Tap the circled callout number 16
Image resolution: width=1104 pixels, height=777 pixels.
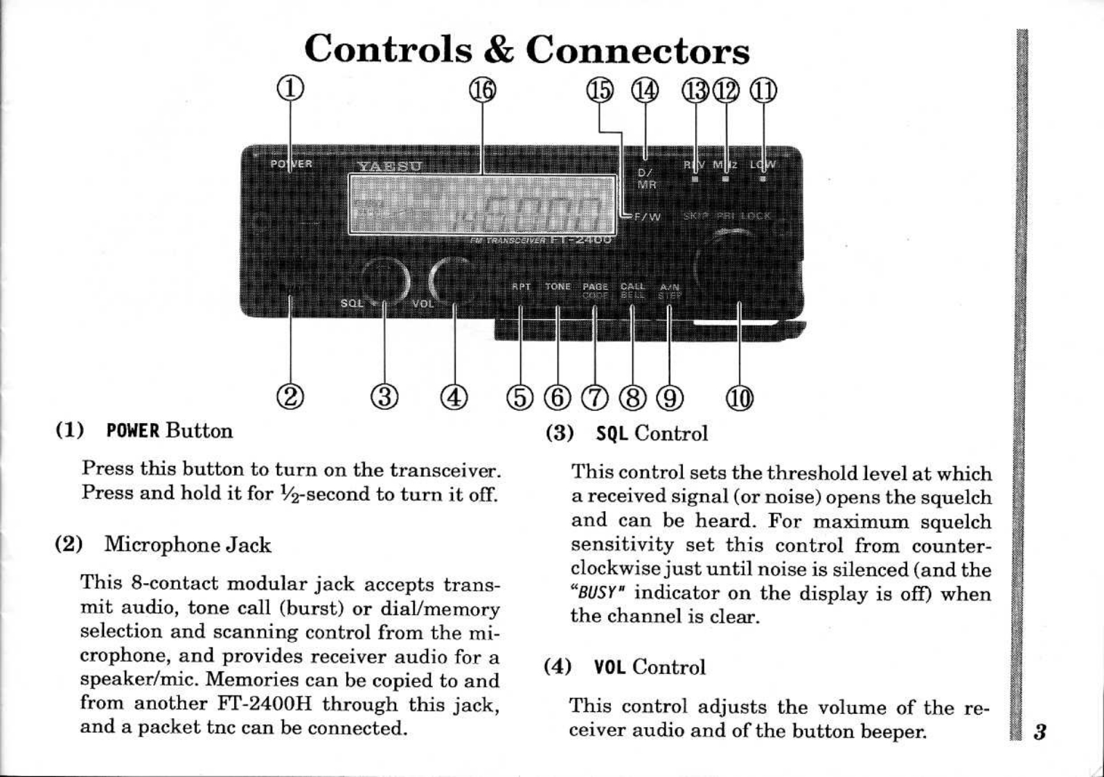[483, 90]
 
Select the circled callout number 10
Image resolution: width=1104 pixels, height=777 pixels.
[739, 399]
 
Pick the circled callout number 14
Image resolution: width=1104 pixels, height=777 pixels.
[645, 91]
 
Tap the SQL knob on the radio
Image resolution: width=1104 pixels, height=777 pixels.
[385, 280]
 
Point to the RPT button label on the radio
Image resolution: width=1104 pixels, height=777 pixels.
[520, 286]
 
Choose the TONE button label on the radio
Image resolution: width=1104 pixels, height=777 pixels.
[558, 286]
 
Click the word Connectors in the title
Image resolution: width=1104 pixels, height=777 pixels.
[637, 50]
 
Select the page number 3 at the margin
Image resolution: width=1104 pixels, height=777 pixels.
[1039, 732]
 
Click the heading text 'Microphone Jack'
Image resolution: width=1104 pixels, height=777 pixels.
[187, 545]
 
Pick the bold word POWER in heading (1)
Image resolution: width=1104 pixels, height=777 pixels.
[133, 431]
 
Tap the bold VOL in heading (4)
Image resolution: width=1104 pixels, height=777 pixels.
[610, 668]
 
